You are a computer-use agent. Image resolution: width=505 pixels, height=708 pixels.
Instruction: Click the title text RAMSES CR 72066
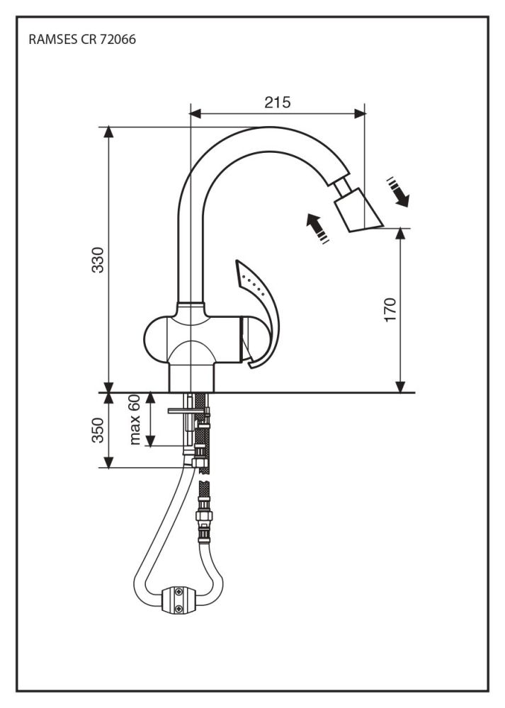click(x=82, y=40)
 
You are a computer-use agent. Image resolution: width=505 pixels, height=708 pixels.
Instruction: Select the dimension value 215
click(x=278, y=102)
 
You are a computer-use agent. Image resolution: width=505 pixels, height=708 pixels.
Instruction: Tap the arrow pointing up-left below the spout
click(x=315, y=228)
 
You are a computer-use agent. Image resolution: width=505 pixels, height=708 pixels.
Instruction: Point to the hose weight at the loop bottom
click(x=181, y=598)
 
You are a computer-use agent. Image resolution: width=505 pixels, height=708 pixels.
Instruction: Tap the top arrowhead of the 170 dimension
click(x=401, y=233)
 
